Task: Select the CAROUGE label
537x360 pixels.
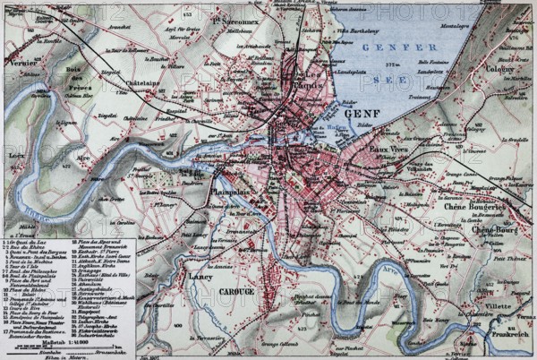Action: coord(236,292)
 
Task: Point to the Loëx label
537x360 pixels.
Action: coord(16,153)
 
